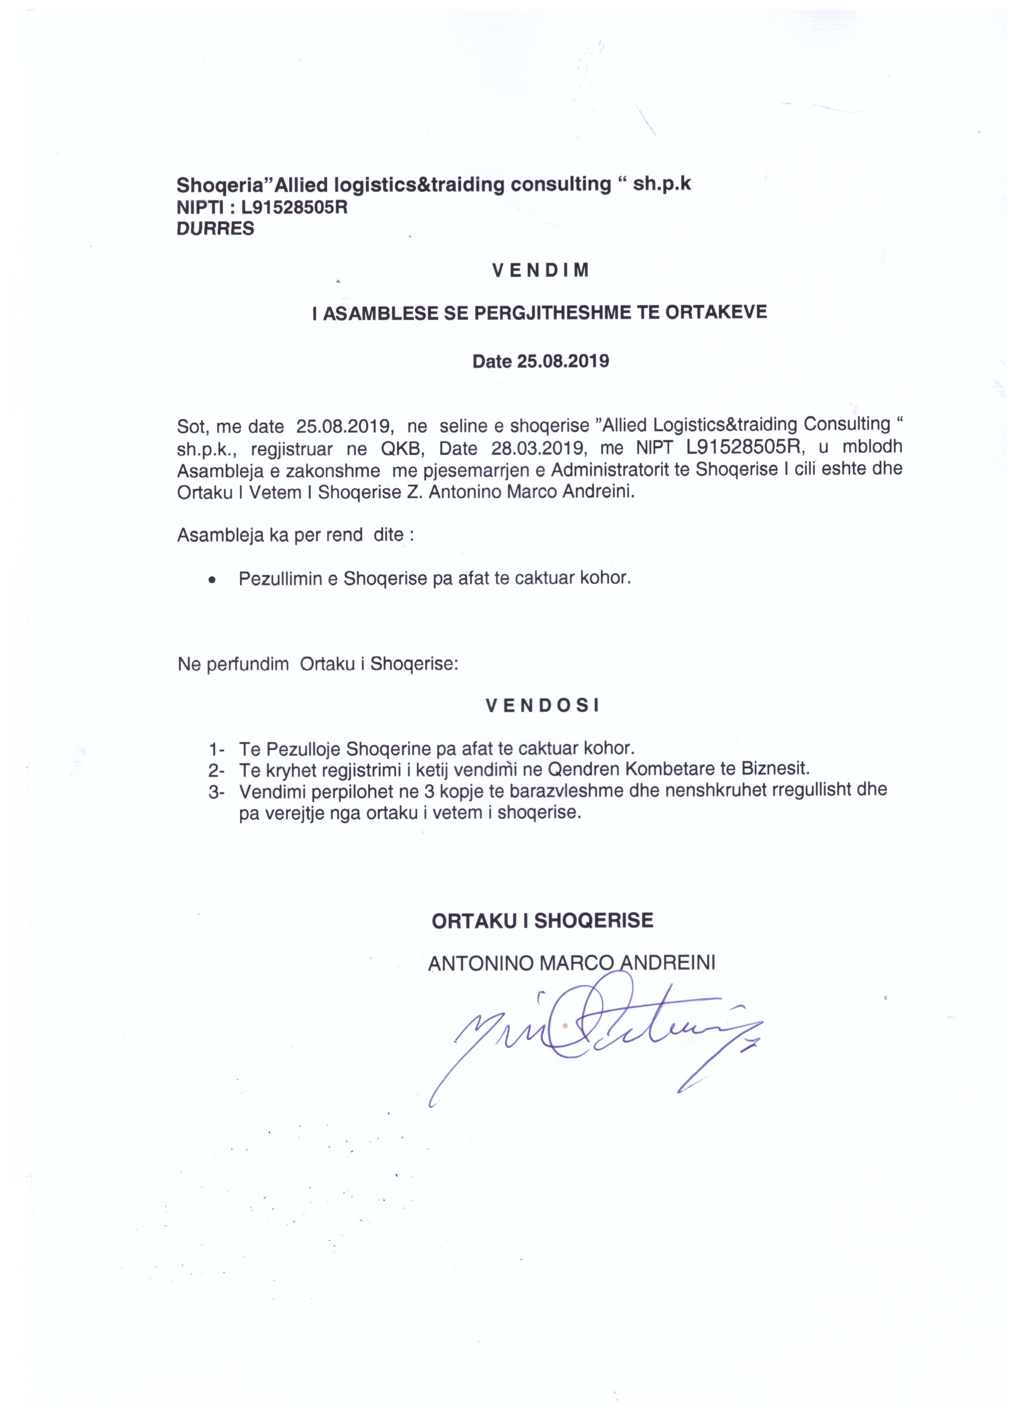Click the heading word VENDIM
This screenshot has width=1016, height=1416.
(541, 270)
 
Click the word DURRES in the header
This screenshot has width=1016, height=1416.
(215, 228)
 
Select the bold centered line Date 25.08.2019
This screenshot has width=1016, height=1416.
(541, 361)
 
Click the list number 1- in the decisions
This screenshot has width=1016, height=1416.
(217, 749)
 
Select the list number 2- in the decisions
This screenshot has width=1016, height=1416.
(217, 769)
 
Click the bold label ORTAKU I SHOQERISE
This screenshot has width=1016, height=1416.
(542, 921)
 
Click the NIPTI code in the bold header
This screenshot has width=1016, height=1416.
(294, 207)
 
